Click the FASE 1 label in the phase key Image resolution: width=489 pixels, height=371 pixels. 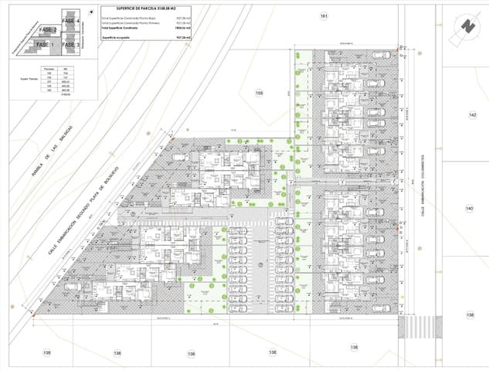click(44, 45)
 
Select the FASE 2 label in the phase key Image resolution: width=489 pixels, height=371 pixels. click(48, 29)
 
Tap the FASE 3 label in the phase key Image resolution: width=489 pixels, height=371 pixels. click(69, 45)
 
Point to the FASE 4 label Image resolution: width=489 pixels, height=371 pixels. click(70, 20)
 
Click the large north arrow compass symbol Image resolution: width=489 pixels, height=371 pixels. click(466, 26)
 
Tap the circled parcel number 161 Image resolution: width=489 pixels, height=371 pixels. click(324, 16)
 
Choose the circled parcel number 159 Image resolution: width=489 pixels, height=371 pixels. click(260, 94)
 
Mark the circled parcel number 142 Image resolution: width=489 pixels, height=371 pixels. click(472, 114)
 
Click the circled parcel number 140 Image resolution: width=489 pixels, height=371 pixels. click(469, 209)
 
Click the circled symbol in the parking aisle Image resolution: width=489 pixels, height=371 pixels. click(260, 265)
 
